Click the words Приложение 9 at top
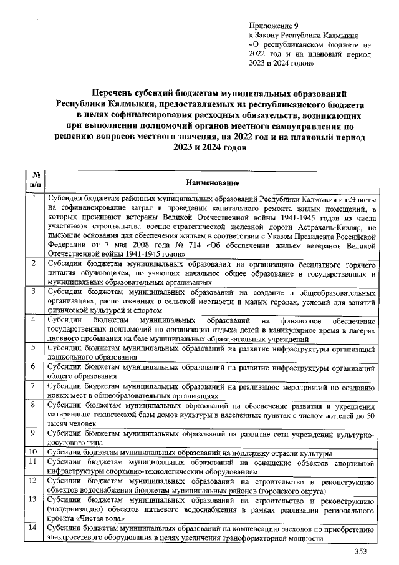tap(271, 26)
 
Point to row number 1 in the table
tap(35, 198)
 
